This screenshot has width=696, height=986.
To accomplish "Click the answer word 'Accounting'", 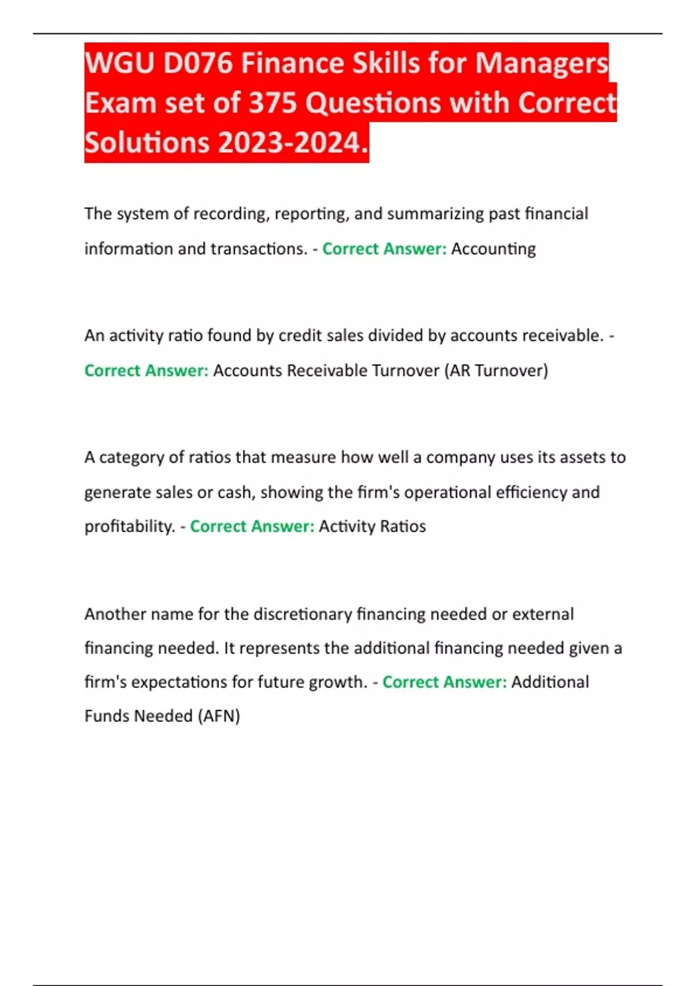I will pos(493,249).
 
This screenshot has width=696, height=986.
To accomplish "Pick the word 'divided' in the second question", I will pos(394,335).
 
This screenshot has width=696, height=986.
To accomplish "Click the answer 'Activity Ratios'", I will pos(372,526).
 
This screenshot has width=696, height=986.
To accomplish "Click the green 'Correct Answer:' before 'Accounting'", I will pos(384,249).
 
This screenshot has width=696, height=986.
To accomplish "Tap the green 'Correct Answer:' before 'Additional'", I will pos(444,681).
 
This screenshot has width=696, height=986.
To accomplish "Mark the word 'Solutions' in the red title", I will pos(148,143).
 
